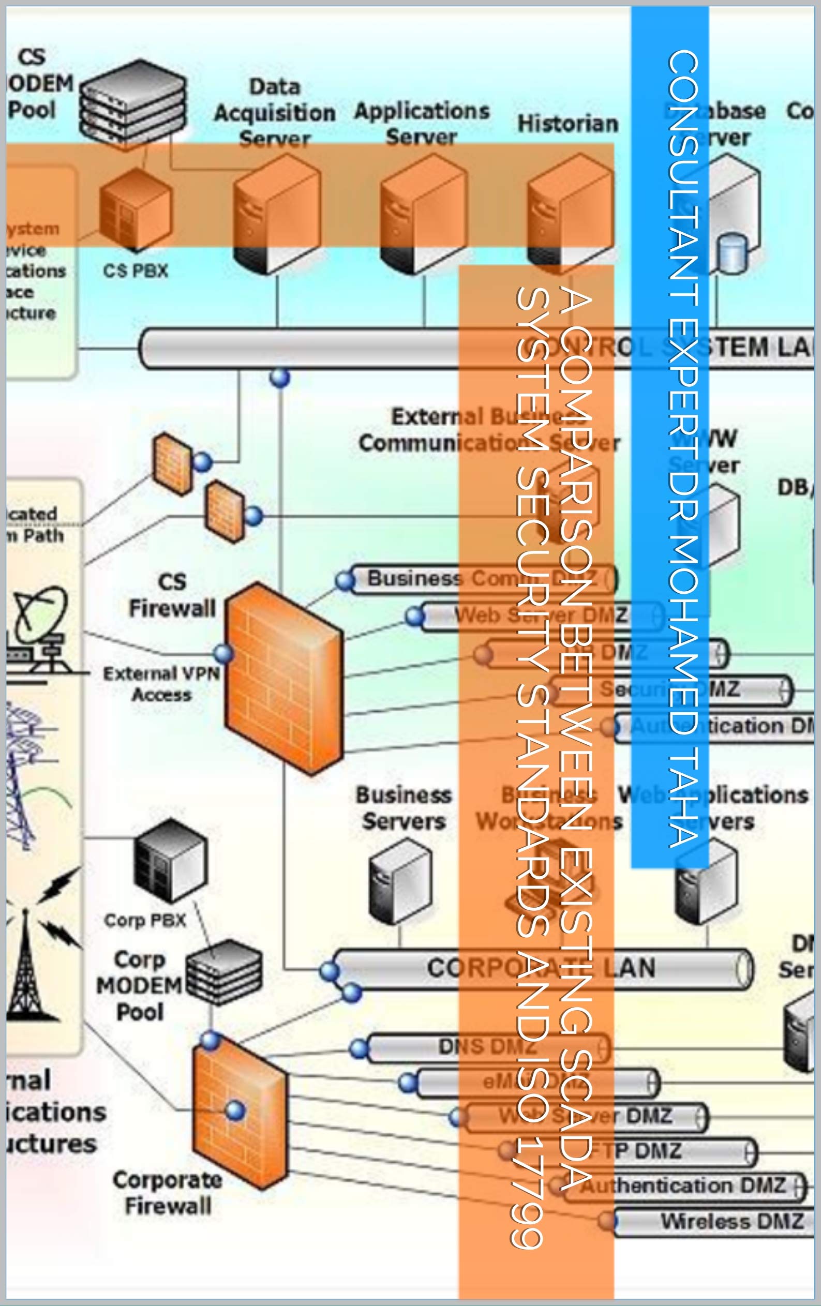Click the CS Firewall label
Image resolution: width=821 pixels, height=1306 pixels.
(x=172, y=595)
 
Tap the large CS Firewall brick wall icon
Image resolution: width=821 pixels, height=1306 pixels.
(x=283, y=678)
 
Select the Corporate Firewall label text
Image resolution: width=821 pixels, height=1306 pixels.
(x=167, y=1193)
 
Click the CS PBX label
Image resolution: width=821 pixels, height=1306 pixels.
(x=136, y=271)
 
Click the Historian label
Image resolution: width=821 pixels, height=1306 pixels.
(x=568, y=124)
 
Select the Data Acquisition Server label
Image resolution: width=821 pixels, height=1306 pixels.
(x=275, y=113)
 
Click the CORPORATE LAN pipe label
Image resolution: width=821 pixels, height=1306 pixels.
(x=541, y=969)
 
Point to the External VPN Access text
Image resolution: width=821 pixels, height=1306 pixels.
(x=162, y=684)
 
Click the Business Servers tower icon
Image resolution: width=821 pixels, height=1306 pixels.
(x=400, y=881)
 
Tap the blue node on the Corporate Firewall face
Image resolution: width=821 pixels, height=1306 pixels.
(x=235, y=1109)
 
